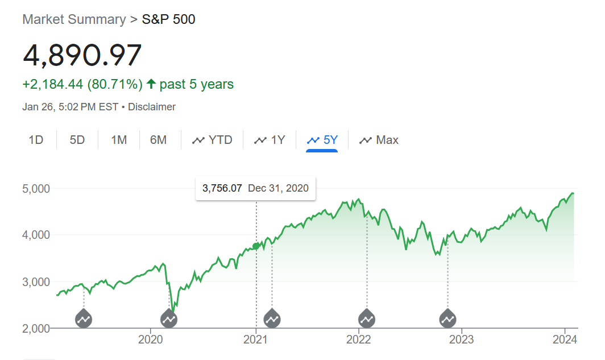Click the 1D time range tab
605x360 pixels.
(x=36, y=140)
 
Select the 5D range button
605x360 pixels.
(x=77, y=140)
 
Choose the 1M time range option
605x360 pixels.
(x=119, y=140)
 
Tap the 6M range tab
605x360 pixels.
(x=159, y=140)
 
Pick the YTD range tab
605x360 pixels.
(x=213, y=140)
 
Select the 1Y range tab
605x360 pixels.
(x=270, y=140)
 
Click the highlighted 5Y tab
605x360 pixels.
(x=322, y=140)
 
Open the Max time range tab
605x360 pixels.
(x=379, y=140)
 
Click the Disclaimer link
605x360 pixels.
(x=152, y=107)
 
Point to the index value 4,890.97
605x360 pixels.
(x=82, y=55)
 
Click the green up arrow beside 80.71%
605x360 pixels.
(x=151, y=84)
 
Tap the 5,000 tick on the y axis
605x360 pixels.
(x=36, y=188)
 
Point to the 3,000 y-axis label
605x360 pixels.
(x=36, y=282)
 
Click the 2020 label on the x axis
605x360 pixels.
(x=151, y=340)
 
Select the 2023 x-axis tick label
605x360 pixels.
(x=462, y=340)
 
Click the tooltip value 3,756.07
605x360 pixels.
(x=222, y=188)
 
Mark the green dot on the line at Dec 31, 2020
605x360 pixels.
(x=256, y=246)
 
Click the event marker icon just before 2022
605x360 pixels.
(x=367, y=319)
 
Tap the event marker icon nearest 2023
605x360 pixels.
(x=448, y=319)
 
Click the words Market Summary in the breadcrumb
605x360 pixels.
(x=74, y=19)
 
